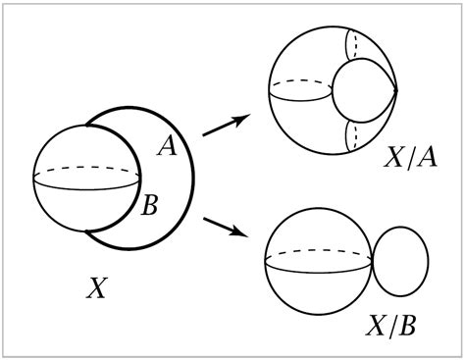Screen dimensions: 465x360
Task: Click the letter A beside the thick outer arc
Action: coord(167,147)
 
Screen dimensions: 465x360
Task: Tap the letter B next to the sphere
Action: coord(152,207)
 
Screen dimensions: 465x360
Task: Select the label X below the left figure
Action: coord(96,287)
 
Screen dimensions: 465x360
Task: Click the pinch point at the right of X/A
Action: coord(396,92)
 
